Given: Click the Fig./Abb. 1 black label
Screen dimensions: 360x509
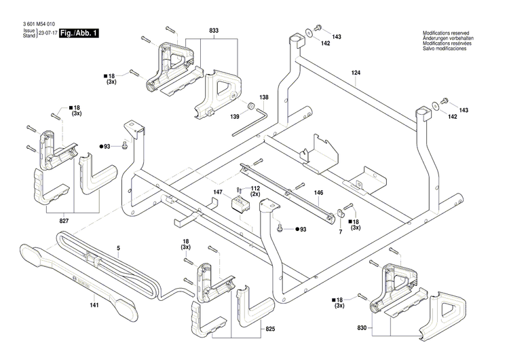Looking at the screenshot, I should point(79,33).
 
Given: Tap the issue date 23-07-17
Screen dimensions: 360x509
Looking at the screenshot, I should point(48,33).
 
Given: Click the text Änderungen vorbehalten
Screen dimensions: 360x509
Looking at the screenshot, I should point(448,39).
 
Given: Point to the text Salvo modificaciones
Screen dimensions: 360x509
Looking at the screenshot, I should point(447,50).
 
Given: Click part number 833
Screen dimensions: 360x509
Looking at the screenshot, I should point(214,31).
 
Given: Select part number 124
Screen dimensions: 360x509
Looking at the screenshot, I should point(356,72).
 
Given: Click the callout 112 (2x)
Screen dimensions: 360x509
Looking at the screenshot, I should point(256,191).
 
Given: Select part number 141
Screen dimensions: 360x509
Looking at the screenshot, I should point(94,305).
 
